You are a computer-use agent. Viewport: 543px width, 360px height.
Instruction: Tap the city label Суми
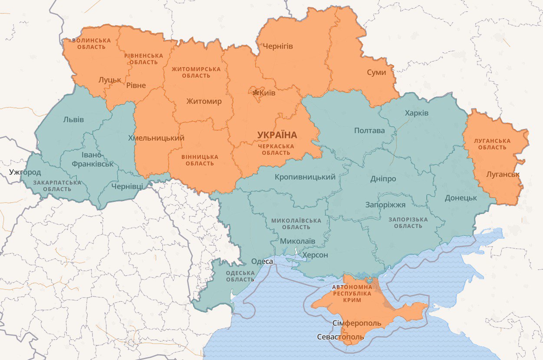[376, 73]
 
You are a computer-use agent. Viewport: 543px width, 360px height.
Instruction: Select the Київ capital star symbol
[256, 93]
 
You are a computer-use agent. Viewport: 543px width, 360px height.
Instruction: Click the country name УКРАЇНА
[277, 135]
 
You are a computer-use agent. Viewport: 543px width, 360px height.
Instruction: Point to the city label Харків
[416, 113]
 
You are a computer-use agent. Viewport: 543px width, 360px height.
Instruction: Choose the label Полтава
[369, 131]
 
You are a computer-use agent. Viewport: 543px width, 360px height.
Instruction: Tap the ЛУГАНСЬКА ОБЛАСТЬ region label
[492, 144]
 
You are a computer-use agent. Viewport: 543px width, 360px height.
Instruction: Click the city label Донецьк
[461, 198]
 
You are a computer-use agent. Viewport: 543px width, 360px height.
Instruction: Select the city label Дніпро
[383, 179]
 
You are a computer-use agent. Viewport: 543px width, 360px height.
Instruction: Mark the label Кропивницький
[305, 177]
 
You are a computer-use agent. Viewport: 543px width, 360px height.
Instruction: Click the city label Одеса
[262, 261]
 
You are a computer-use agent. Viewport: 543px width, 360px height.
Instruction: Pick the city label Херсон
[315, 255]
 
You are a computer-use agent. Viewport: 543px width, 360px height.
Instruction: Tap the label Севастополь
[340, 337]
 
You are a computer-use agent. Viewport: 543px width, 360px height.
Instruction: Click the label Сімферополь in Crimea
[357, 324]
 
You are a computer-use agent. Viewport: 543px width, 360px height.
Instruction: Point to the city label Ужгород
[25, 172]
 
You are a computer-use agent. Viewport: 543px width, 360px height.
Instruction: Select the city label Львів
[73, 119]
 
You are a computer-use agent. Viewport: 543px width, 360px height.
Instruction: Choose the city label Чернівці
[127, 186]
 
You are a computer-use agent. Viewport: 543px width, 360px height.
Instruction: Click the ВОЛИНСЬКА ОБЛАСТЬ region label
[91, 43]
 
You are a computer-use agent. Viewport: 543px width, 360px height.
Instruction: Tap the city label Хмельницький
[156, 138]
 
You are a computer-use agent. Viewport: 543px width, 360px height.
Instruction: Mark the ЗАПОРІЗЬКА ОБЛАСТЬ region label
[408, 223]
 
